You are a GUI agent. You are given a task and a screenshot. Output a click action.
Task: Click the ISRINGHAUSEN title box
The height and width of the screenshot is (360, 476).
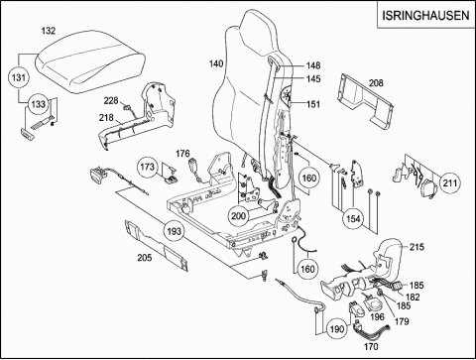coord(426,15)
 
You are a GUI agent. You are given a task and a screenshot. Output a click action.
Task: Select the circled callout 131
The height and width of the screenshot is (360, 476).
coord(19,77)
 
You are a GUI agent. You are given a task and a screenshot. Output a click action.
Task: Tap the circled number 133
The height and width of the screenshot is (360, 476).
coord(38,104)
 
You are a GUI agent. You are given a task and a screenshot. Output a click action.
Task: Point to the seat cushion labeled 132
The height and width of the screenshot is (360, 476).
coord(90,61)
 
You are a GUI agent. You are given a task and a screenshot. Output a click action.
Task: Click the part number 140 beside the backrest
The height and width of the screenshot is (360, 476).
coord(216,63)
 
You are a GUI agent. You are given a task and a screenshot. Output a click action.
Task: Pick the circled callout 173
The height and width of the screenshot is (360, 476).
coord(148,167)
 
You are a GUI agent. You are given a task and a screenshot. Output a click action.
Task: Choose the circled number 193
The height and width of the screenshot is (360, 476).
coord(174,231)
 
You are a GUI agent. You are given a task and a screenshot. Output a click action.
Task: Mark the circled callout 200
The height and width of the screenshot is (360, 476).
coord(238,216)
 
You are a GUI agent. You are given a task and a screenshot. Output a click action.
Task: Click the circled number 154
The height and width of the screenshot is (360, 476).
coord(353,218)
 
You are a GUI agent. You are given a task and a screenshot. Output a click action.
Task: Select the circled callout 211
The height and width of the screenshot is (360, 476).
coord(450,182)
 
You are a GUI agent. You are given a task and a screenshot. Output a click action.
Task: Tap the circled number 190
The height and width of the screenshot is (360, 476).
coord(337,329)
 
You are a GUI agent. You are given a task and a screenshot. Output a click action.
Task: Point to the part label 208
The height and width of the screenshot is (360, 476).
coord(376,83)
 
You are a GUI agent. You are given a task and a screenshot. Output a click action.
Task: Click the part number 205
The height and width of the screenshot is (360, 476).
coord(145,257)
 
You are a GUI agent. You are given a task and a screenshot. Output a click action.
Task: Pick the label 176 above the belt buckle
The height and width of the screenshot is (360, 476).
coord(182,154)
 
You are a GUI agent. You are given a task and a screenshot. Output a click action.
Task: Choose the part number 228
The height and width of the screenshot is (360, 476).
coord(111,100)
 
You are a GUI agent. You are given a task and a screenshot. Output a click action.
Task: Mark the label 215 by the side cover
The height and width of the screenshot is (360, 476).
coord(416,247)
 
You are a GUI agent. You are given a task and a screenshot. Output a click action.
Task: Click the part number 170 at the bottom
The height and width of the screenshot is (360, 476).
coord(371,347)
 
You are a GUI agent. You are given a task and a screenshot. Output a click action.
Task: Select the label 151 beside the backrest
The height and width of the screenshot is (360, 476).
coord(313,104)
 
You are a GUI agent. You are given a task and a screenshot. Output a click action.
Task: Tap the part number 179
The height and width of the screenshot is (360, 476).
coord(402,321)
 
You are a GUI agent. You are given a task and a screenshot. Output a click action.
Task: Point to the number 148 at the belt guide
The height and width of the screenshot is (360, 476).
coord(313,65)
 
